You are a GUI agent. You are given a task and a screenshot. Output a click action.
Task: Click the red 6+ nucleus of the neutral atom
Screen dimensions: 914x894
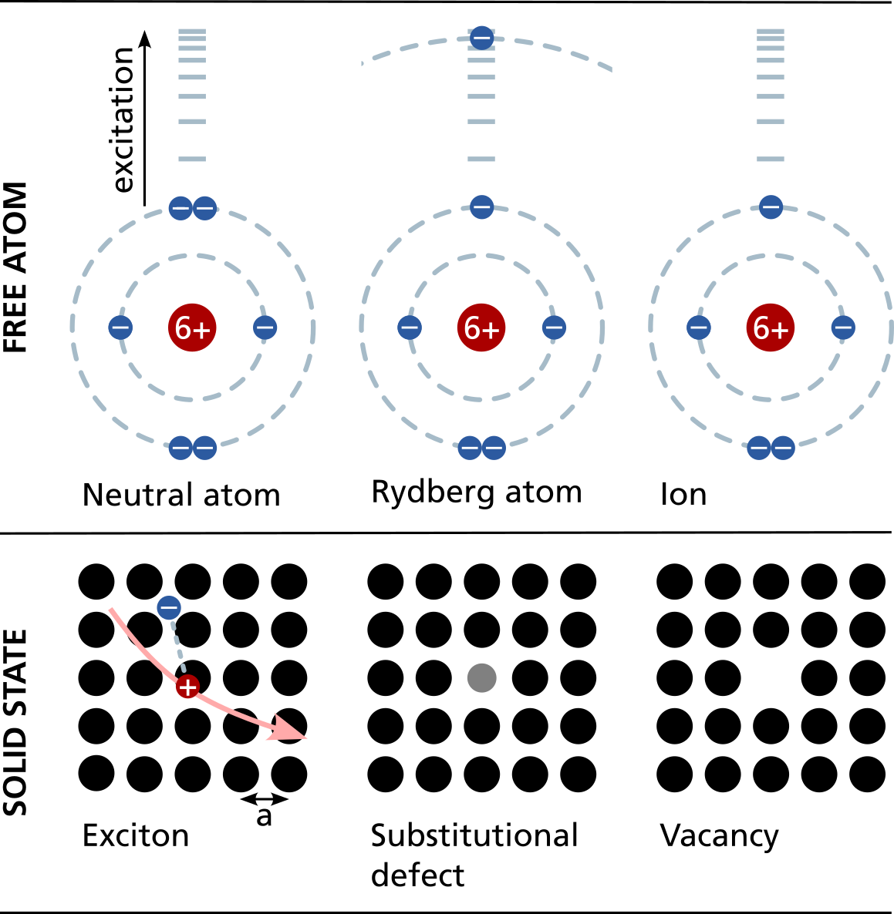192,328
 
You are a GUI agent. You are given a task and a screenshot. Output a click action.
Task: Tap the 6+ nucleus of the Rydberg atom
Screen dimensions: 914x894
481,328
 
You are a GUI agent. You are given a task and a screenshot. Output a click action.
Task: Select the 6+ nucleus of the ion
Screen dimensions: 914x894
771,328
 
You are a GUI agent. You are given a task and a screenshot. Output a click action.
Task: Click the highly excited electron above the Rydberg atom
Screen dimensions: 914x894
481,38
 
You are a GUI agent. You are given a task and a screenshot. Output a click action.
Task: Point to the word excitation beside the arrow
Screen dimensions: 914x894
123,119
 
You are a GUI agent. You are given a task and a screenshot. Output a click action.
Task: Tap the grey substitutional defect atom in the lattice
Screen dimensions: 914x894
482,678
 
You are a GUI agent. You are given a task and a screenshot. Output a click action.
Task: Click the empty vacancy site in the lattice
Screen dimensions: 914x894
771,678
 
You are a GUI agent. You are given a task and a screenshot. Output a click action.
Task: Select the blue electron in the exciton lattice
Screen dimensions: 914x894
169,608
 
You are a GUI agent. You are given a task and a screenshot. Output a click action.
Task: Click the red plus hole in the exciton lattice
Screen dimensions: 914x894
187,686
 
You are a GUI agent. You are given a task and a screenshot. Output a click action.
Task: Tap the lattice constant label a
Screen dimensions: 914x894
265,816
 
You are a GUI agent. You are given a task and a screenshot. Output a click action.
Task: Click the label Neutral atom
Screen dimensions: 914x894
181,495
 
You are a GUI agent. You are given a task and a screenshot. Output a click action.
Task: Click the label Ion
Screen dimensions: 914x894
683,495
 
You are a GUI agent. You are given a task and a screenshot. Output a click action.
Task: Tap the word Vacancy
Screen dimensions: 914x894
719,835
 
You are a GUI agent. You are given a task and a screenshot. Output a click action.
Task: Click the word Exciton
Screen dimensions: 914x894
136,835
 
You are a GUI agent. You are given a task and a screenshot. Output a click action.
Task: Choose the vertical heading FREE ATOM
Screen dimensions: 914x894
16,267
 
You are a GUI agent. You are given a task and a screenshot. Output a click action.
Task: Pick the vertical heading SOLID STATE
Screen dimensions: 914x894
16,722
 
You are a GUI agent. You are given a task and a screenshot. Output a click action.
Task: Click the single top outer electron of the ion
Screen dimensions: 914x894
771,207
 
